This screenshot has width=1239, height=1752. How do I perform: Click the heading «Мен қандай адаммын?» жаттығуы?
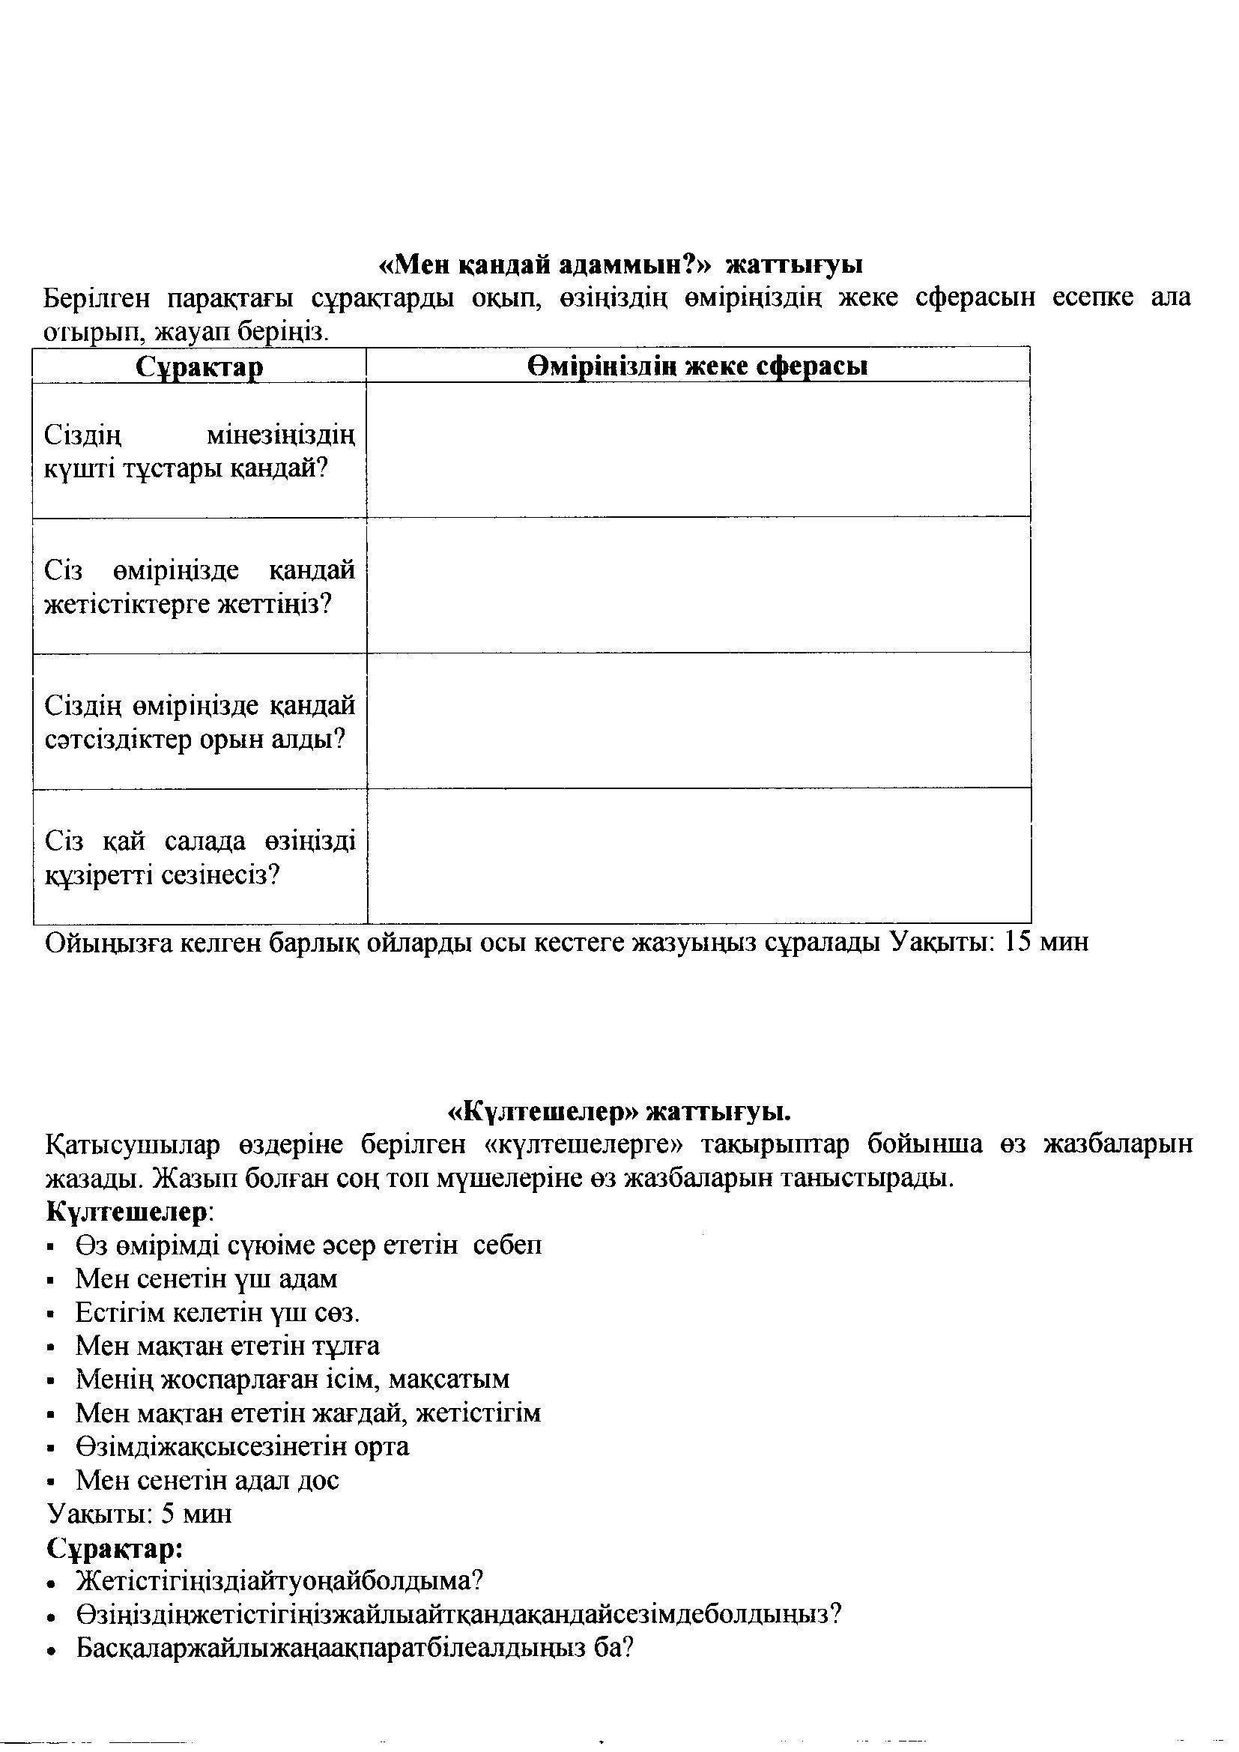point(620,265)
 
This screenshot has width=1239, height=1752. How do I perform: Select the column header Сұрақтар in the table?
point(200,367)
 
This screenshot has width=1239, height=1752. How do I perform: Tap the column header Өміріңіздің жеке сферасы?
point(697,366)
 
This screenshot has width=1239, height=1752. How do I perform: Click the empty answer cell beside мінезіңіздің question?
point(697,450)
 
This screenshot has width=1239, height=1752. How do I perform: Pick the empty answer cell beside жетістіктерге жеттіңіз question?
point(697,585)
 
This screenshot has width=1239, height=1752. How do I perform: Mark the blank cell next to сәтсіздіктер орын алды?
point(697,720)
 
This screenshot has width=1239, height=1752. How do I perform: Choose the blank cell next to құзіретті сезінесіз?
point(697,856)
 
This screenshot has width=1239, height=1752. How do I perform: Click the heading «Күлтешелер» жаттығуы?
point(619,1112)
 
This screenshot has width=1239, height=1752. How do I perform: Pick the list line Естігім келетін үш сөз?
point(217,1313)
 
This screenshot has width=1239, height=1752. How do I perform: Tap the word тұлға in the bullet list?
point(343,1345)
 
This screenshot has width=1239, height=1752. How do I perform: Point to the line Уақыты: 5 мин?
point(139,1513)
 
